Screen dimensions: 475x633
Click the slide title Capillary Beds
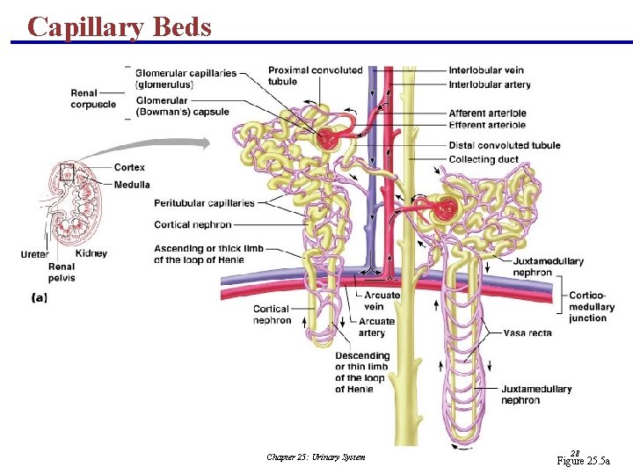[120, 26]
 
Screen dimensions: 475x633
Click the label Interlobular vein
[486, 70]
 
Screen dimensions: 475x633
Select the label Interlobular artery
[489, 84]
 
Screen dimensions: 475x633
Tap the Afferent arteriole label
[487, 113]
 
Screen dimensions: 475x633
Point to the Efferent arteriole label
[487, 125]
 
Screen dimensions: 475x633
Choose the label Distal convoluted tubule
[504, 145]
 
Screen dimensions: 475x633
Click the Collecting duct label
[484, 159]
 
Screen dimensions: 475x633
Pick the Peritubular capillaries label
[204, 203]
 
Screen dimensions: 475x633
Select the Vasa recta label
[527, 333]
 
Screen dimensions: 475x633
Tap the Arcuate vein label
[374, 301]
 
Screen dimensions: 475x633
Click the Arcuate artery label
[376, 327]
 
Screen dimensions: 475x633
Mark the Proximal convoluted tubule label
[315, 76]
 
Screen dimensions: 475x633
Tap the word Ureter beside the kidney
[35, 254]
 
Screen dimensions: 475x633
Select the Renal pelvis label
[62, 272]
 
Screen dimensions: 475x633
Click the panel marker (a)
[40, 298]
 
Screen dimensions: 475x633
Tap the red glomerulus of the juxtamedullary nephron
[446, 209]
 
